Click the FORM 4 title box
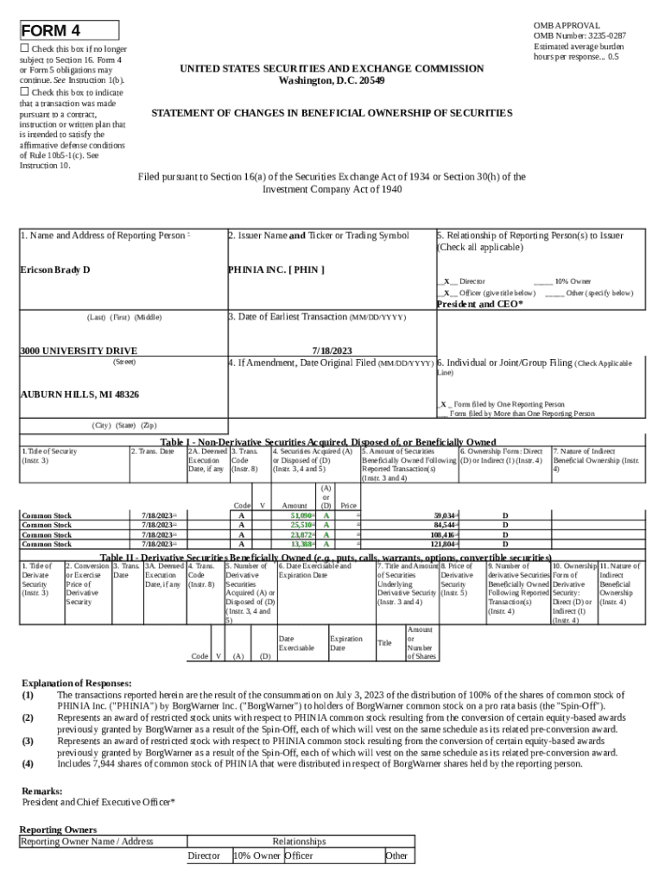69,31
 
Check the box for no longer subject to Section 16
25,50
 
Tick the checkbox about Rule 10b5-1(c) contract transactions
25,92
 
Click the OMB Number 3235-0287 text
579,36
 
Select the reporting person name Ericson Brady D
55,270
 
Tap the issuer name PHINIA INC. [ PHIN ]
276,270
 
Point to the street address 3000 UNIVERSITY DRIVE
79,351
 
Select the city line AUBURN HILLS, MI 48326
79,394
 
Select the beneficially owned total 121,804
442,544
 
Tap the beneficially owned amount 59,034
445,515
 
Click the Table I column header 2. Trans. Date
152,451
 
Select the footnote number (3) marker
28,741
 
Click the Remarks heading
41,791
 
